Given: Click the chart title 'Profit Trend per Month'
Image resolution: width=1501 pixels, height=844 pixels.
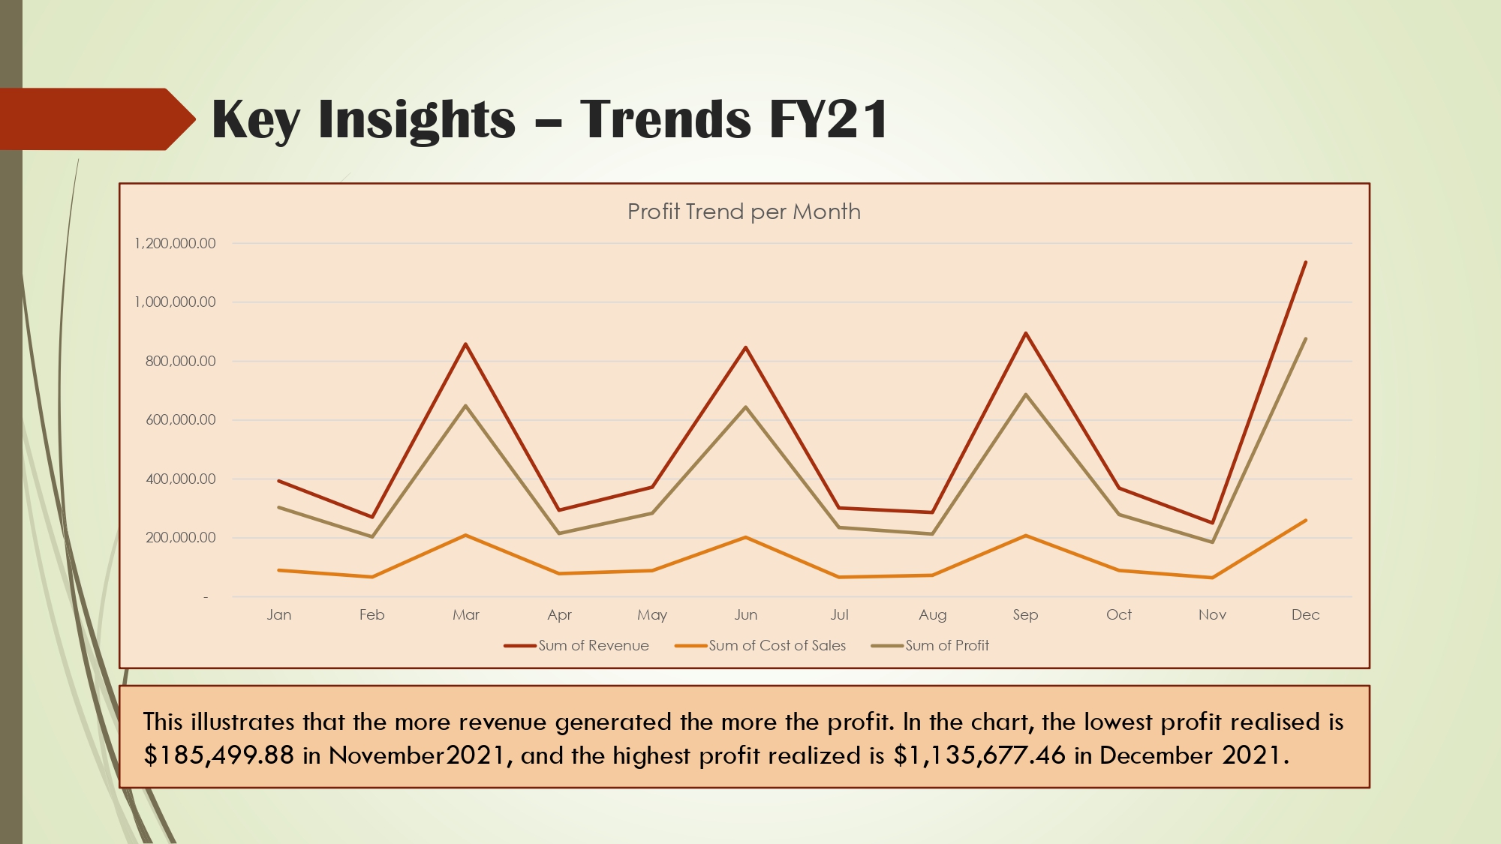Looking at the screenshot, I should tap(744, 212).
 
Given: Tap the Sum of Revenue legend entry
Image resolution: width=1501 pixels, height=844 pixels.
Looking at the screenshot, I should tap(593, 645).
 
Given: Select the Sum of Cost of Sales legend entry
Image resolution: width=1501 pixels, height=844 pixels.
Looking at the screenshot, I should tap(777, 645).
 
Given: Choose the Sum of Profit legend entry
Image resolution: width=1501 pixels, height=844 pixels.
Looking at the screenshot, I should tap(946, 645).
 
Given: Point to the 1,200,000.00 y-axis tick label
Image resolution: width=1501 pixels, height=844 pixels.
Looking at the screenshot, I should tap(175, 243).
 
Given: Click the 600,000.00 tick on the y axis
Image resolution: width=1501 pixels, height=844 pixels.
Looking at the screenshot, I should tap(180, 419).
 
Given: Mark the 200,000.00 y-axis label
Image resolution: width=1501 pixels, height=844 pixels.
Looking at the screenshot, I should tap(180, 537).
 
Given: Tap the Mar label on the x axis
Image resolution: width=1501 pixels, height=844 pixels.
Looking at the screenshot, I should tap(465, 614).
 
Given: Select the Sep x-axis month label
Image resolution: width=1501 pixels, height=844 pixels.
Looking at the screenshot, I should tap(1025, 614).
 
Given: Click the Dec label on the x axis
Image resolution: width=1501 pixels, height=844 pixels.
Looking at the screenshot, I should tap(1305, 614).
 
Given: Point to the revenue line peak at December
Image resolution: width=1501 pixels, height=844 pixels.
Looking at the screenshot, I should tap(1305, 263).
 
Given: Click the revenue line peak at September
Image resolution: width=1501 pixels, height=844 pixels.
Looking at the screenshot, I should tap(1025, 333).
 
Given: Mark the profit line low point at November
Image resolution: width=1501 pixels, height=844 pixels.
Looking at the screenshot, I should tap(1212, 542).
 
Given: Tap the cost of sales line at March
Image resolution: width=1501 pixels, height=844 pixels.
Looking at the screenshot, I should tap(465, 535).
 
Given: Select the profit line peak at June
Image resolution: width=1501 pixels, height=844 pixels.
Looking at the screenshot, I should tap(745, 407).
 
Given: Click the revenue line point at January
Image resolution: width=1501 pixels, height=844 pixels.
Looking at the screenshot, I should tap(279, 481).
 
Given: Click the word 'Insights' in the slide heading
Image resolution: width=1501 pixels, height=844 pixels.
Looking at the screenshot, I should tap(417, 119).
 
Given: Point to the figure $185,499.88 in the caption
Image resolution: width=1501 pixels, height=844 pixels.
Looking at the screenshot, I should tap(219, 755).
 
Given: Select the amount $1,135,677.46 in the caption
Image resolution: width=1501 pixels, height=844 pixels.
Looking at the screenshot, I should tap(979, 755).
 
